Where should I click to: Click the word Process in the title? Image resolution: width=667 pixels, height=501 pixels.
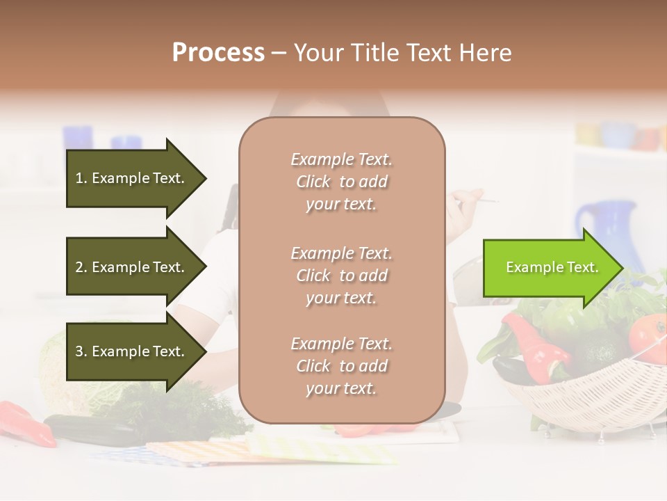(218, 52)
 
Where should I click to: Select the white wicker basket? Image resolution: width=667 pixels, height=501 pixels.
(591, 397)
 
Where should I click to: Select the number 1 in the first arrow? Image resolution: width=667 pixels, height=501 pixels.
(79, 178)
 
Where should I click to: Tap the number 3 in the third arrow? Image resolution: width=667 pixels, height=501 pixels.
(79, 351)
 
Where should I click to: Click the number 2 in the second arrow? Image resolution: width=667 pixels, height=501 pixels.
(79, 267)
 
